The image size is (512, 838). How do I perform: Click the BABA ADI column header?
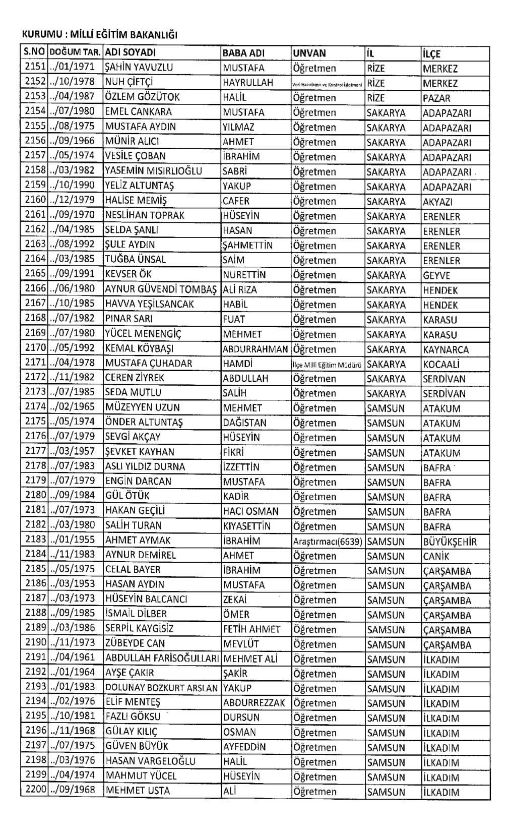pos(243,53)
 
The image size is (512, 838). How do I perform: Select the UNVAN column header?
pos(309,53)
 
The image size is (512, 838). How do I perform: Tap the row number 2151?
pos(35,67)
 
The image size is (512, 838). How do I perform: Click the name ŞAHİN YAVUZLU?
pos(139,67)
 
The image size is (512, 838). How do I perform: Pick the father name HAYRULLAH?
pos(248,83)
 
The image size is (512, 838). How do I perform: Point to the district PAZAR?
pos(436,98)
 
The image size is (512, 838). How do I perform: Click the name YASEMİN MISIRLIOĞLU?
pos(153,171)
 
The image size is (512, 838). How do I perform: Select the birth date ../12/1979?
pos(73,200)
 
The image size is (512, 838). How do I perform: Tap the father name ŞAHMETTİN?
pos(247,246)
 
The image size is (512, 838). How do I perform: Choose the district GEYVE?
pos(436,276)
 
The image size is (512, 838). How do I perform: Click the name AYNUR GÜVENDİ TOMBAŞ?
pos(161,289)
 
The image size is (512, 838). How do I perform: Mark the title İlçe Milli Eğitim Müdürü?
pos(327,365)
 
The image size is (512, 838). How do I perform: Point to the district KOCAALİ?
pos(441,364)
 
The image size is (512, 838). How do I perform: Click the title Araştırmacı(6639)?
pos(327,542)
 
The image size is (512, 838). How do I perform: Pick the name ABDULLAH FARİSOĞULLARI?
pos(161,659)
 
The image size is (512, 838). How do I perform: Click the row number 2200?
pos(35,790)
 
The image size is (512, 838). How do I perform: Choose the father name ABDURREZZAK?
pos(254,703)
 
